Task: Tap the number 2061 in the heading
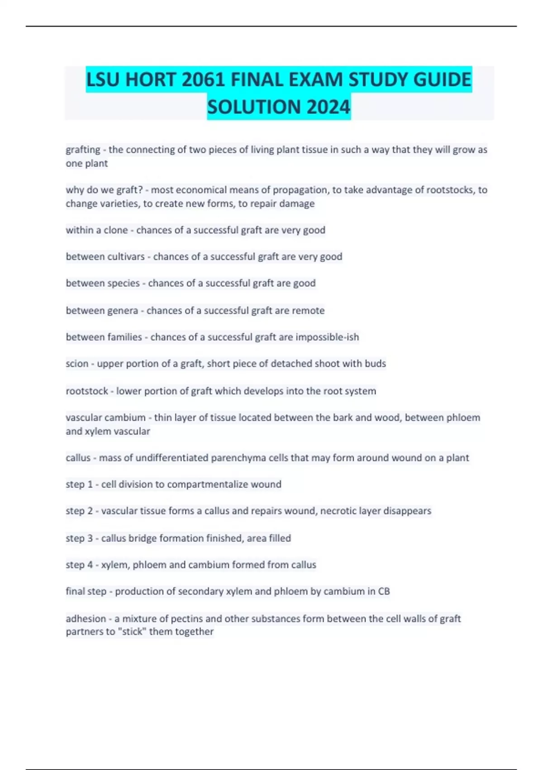tap(203, 80)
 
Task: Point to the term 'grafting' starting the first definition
tap(83, 150)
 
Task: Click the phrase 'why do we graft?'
tap(104, 190)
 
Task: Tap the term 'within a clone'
tap(96, 230)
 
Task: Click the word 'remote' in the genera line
tap(308, 311)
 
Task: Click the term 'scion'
tap(77, 364)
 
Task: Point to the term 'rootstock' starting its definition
tap(87, 391)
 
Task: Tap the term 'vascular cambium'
tap(105, 418)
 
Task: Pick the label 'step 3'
tap(79, 539)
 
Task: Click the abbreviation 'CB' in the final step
tap(384, 592)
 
